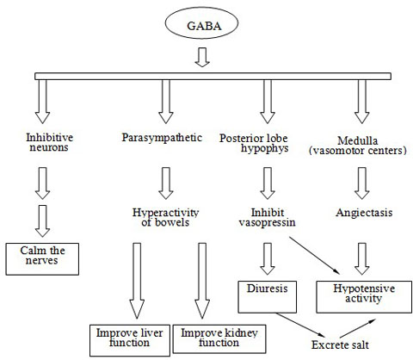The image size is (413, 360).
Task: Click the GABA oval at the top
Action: [x=201, y=23]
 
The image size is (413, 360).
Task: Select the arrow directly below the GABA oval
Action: [x=202, y=57]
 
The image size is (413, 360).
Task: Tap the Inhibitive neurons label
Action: [x=49, y=142]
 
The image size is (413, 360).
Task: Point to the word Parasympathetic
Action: [x=162, y=138]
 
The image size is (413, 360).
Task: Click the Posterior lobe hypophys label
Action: [x=254, y=143]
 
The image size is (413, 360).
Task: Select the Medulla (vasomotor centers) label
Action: [x=358, y=146]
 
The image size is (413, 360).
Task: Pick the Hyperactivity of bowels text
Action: [x=165, y=217]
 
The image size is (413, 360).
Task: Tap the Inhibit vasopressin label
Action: [x=268, y=217]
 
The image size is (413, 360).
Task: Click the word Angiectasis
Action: [x=364, y=213]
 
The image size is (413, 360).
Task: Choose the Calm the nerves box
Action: [x=42, y=259]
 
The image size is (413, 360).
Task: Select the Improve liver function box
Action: [x=130, y=340]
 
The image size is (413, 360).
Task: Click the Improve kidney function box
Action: [x=219, y=338]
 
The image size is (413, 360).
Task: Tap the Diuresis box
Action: [x=268, y=297]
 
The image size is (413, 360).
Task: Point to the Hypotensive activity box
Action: [x=364, y=297]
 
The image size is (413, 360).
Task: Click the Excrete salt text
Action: [x=340, y=344]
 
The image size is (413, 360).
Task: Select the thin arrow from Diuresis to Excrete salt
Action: [x=301, y=325]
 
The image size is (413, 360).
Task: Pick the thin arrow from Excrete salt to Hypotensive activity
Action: [x=358, y=328]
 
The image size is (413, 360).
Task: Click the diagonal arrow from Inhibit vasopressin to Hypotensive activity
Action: [x=314, y=256]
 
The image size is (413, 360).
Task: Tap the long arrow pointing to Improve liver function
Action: [x=137, y=281]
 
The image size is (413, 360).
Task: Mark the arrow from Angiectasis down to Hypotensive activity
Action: [x=362, y=258]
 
